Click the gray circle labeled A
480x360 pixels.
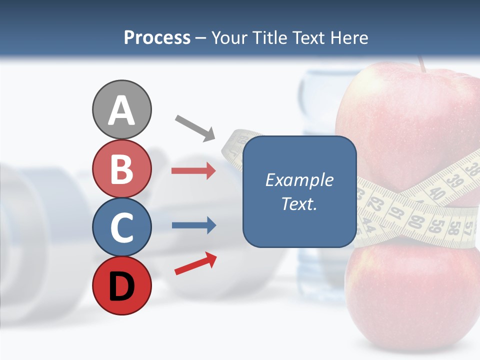(x=121, y=109)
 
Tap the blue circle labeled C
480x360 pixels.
(x=121, y=227)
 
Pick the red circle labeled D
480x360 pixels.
(x=121, y=285)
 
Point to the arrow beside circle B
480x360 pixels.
(x=193, y=171)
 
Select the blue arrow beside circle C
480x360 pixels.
(x=193, y=225)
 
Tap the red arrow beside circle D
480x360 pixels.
(x=196, y=263)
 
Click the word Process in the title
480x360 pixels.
(x=157, y=37)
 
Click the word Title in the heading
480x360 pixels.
(x=267, y=37)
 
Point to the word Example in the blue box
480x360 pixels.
(x=299, y=180)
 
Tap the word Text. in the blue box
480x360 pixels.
(x=299, y=204)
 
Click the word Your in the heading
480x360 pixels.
(x=227, y=37)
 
